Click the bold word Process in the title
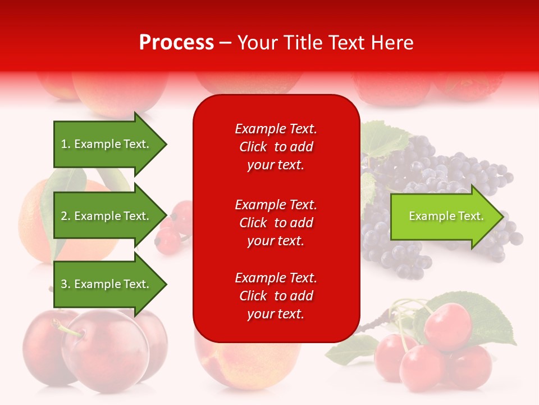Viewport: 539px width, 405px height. click(x=176, y=43)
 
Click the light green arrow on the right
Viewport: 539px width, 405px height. click(x=444, y=217)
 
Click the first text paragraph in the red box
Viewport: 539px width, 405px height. click(x=276, y=147)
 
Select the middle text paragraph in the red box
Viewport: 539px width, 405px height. click(x=276, y=223)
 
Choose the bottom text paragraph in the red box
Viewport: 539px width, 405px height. click(x=276, y=296)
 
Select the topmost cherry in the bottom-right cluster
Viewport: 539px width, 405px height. click(x=447, y=325)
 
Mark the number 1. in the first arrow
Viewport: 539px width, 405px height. click(x=65, y=144)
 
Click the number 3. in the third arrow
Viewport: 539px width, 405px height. click(x=65, y=284)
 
